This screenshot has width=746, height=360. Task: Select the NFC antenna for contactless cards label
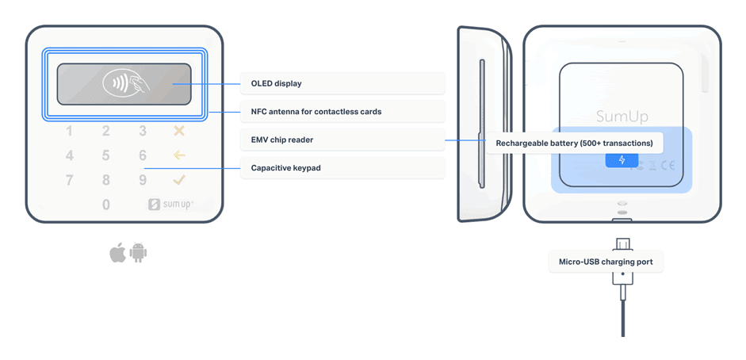pos(316,112)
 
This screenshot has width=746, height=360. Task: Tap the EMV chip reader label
pos(282,140)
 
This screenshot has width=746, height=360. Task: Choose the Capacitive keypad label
pos(285,168)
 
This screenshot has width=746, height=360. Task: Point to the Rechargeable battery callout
pos(574,144)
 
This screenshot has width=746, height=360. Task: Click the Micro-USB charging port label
pos(605,262)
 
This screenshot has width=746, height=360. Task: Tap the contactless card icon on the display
pos(124,83)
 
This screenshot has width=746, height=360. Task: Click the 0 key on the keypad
pos(106,205)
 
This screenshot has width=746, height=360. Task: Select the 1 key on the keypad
pos(70,132)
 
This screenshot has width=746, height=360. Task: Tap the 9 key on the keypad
pos(143,181)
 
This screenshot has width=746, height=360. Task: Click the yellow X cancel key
pos(179,131)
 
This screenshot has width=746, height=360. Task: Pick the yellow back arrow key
pos(179,155)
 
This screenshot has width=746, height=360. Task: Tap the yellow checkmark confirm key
pos(179,180)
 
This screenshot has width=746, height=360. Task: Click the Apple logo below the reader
pos(117,253)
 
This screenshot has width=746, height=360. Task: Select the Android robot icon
pos(139,253)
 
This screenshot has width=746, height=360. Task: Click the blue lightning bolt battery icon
pos(622,160)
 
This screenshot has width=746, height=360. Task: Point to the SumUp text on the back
pos(622,117)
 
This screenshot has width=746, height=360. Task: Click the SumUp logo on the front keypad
pos(170,205)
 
